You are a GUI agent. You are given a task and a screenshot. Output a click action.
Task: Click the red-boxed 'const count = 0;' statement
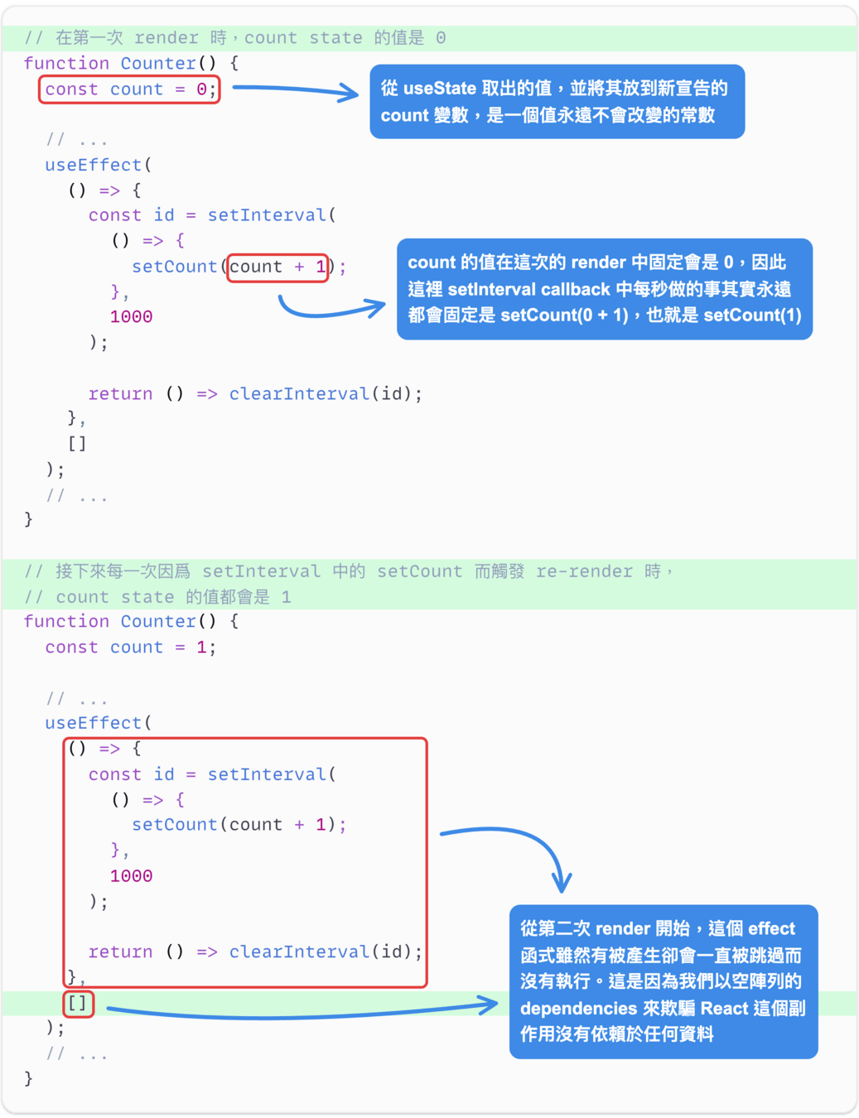click(128, 89)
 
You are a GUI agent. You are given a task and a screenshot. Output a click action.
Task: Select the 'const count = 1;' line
click(130, 648)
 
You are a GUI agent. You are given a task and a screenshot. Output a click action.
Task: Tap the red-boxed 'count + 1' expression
click(277, 267)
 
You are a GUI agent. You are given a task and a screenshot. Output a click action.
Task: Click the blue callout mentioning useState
click(557, 102)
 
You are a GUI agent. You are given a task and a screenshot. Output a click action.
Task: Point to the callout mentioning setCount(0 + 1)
click(604, 289)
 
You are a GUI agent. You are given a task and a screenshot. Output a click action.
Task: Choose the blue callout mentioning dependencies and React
click(663, 981)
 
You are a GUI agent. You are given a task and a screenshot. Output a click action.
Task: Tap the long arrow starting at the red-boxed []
click(302, 1011)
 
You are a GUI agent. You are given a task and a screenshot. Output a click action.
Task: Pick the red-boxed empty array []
click(78, 1004)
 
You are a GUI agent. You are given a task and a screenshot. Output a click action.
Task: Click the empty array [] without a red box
click(77, 444)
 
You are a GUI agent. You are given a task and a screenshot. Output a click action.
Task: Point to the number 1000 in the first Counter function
click(131, 317)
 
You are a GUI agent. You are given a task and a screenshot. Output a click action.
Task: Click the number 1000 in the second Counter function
click(131, 876)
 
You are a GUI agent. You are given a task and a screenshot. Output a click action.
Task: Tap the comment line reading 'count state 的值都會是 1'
click(157, 597)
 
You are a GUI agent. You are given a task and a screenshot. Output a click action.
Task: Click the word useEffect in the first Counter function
click(93, 165)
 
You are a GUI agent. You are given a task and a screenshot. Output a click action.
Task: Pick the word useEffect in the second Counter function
click(93, 723)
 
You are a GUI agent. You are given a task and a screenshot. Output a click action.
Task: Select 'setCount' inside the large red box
click(174, 825)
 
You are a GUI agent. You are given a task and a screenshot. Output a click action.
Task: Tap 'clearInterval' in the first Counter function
click(299, 394)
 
